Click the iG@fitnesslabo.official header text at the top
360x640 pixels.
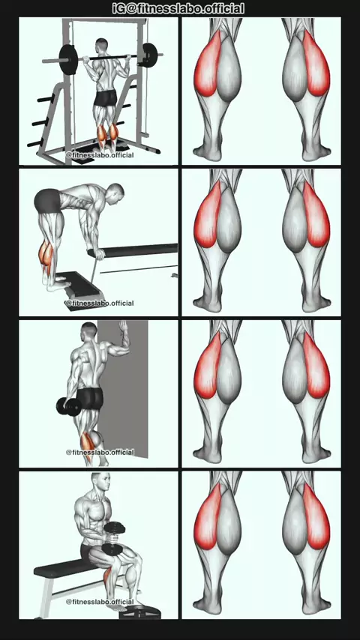pos(178,8)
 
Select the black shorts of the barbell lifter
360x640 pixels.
pos(106,98)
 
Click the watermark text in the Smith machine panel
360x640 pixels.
pos(100,155)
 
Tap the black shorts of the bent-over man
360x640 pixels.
pos(47,200)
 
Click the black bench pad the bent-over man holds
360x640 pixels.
pos(133,250)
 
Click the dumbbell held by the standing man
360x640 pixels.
pos(69,407)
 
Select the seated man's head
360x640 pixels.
pos(101,483)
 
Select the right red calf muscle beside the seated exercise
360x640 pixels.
pos(316,517)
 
